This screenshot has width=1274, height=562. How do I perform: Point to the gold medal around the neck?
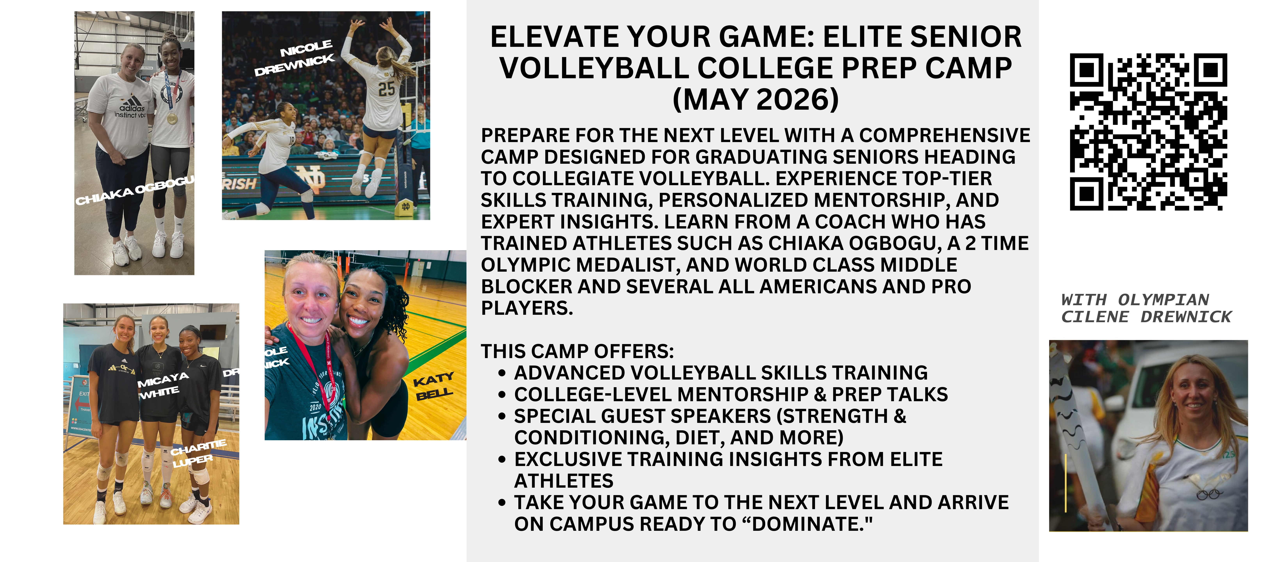172,119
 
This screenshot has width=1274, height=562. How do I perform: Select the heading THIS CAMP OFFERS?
577,351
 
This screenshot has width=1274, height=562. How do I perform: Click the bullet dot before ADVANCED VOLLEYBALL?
502,373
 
